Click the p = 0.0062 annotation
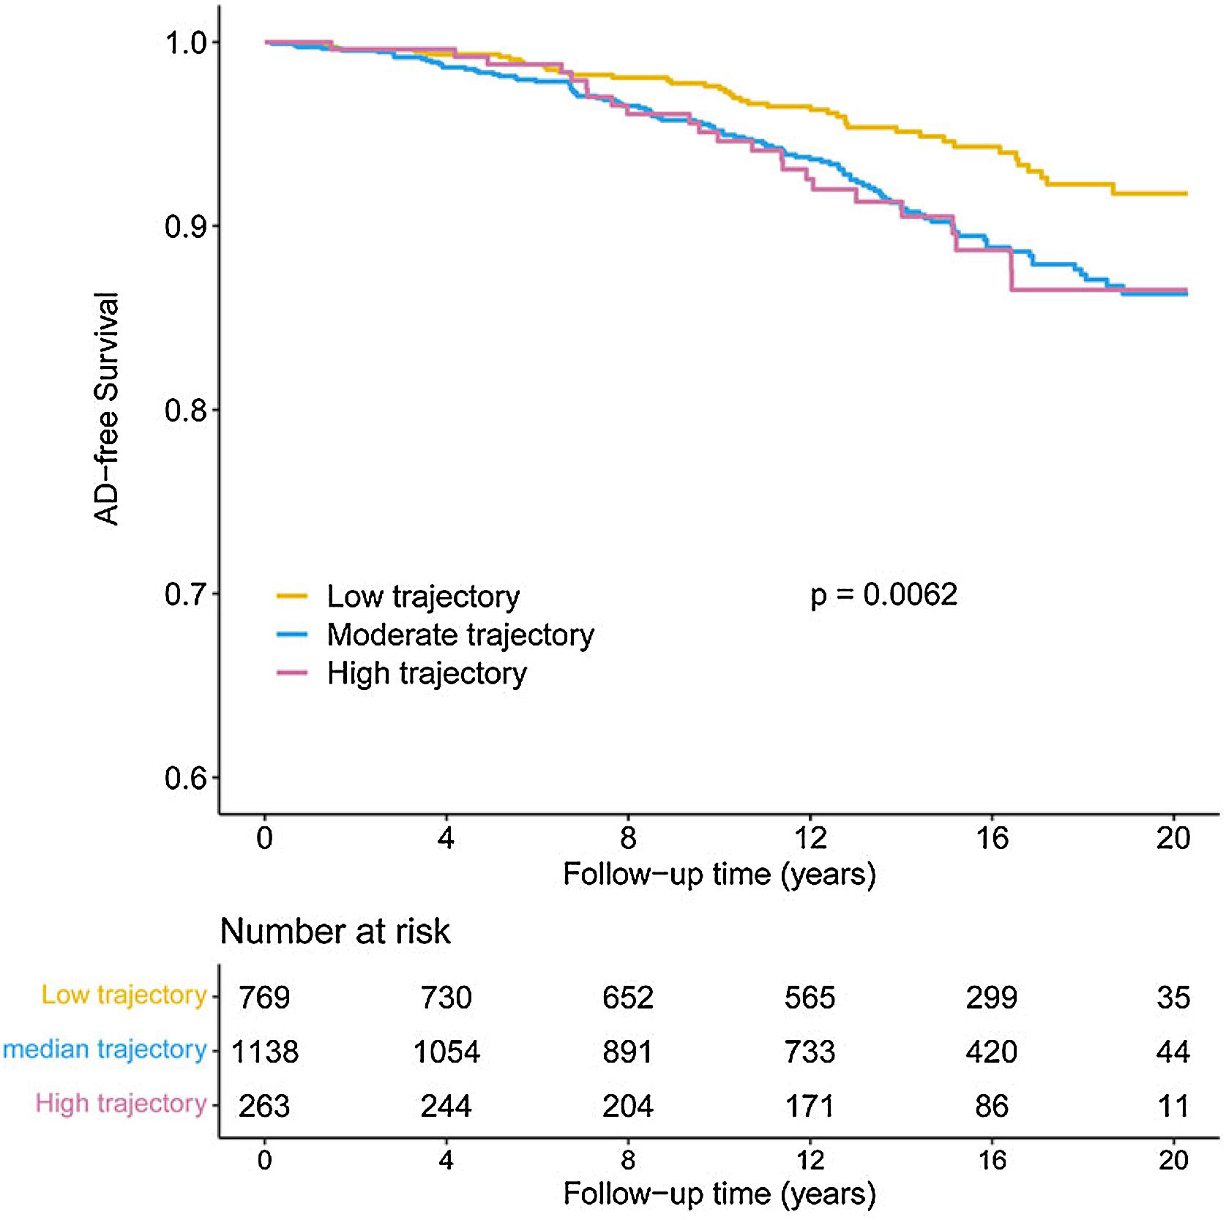[x=883, y=595]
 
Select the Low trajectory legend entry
[x=422, y=596]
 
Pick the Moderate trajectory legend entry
[x=460, y=635]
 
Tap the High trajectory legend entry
[x=426, y=673]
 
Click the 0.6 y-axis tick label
[x=185, y=778]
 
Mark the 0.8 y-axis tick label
[x=185, y=411]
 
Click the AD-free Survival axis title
[x=107, y=408]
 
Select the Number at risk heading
[x=334, y=932]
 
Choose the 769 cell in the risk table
[x=264, y=998]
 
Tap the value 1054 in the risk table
[x=446, y=1052]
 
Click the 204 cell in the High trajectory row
[x=628, y=1107]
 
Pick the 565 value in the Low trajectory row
[x=810, y=998]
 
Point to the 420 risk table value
[x=991, y=1052]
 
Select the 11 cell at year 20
[x=1173, y=1107]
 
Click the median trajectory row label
[x=105, y=1049]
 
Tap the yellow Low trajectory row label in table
[x=124, y=995]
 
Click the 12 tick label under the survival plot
[x=810, y=838]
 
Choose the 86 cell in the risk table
[x=992, y=1107]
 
